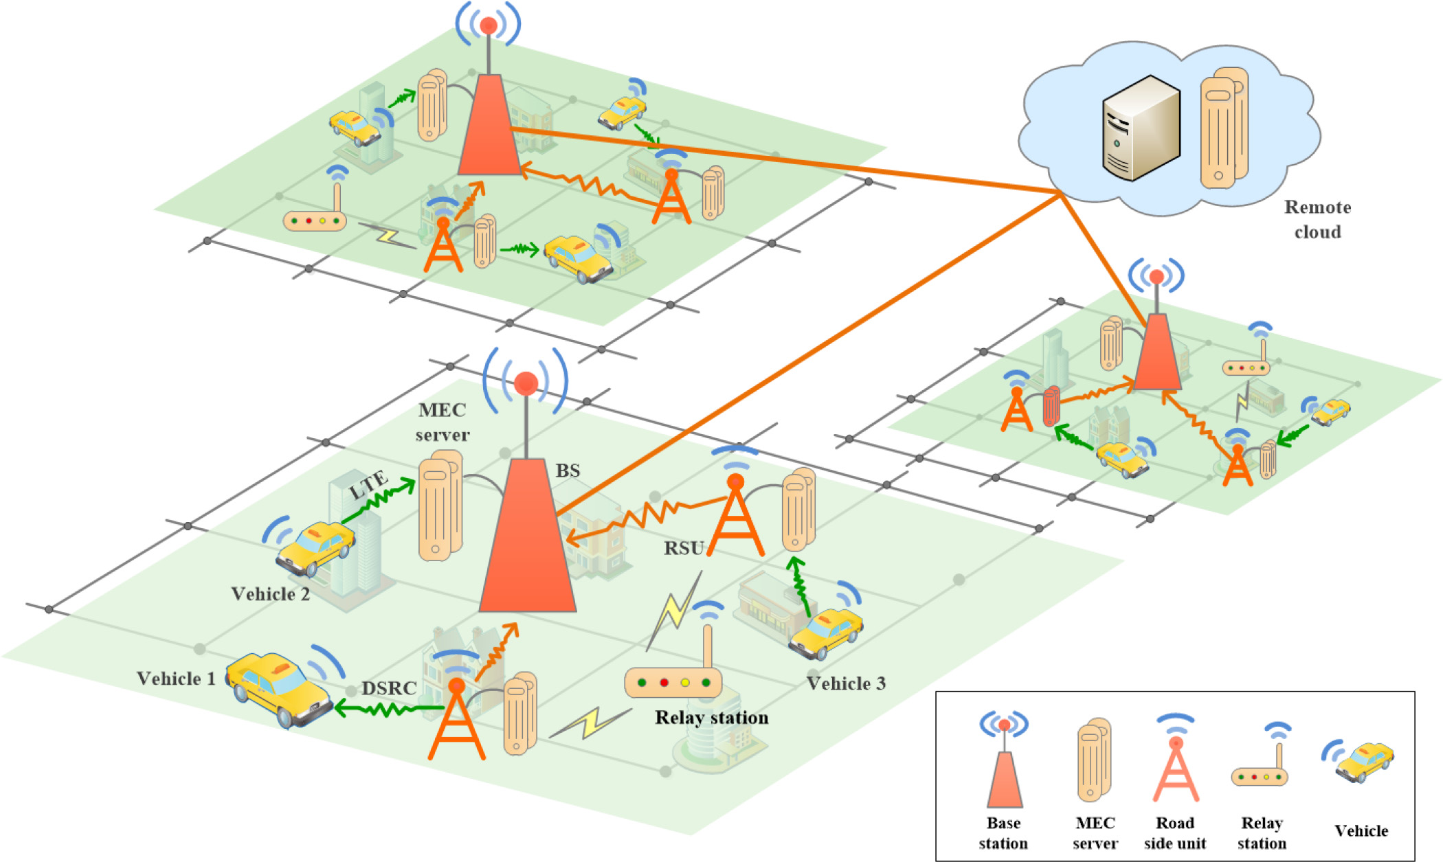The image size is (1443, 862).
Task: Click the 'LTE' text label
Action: tap(369, 485)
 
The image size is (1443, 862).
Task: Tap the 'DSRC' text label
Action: tap(389, 688)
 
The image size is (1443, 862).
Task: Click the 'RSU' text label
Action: tap(684, 548)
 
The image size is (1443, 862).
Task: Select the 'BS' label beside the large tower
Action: tap(568, 470)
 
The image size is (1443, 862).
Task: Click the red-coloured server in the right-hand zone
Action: tap(1051, 406)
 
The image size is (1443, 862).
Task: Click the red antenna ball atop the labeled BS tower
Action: tap(526, 383)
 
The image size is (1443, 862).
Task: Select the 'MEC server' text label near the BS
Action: tap(443, 422)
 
